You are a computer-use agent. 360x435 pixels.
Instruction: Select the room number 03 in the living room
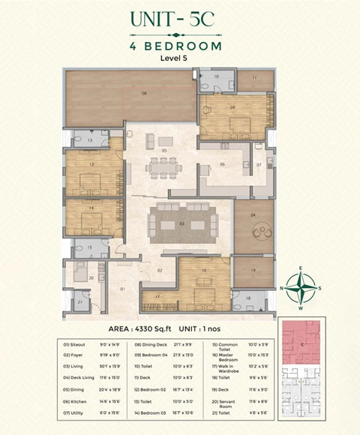tap(181, 223)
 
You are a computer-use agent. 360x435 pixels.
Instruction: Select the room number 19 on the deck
tap(253, 271)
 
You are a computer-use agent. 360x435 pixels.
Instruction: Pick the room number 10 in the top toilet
tap(214, 76)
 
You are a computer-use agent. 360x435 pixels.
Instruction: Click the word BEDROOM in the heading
tap(187, 46)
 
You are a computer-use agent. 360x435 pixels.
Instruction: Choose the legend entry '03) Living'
tap(78, 356)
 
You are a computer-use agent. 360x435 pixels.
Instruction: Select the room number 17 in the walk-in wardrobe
tap(157, 296)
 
